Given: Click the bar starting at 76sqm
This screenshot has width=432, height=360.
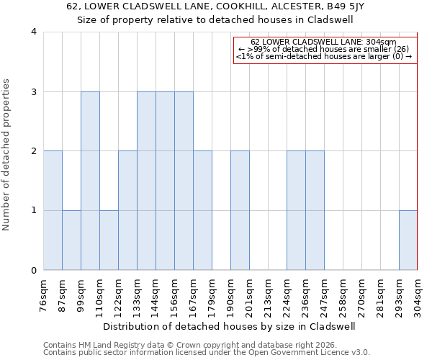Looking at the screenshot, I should pos(53,210).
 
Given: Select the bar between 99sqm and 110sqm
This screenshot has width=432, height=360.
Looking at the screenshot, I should pos(90,181).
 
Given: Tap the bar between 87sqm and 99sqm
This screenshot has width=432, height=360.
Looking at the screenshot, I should pos(71,240).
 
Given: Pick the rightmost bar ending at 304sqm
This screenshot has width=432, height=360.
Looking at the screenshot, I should pos(408,240).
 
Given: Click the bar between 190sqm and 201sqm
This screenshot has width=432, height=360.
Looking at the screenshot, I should pos(240,210).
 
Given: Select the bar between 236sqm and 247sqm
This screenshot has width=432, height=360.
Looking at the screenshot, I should pos(315,210).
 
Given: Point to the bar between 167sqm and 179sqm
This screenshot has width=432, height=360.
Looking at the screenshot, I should pos(202,210).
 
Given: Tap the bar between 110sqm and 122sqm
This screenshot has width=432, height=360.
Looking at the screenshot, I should pos(109,240).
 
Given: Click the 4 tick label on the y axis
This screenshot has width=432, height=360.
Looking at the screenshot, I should pos(34,32).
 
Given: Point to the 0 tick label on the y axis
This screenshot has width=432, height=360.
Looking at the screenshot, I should pos(34,271).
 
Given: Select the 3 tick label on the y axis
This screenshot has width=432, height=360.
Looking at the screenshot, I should pos(34,91).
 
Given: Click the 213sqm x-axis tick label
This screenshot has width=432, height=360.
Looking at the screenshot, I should pos(269,296).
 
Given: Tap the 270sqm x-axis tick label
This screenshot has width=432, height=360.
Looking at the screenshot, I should pos(362,296).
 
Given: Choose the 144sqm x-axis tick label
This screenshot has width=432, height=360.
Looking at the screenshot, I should pos(156,296).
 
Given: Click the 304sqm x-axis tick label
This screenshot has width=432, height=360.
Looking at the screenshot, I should pos(418,296).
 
